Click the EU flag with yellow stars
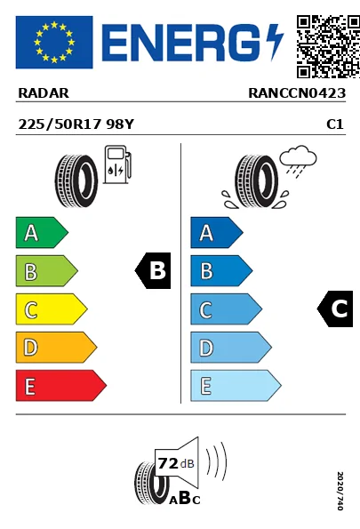tap(53, 42)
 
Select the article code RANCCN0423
tap(296, 92)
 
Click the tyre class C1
tap(335, 125)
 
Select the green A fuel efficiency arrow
tap(41, 233)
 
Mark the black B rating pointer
tap(153, 271)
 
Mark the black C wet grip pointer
tap(336, 309)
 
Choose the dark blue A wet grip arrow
tap(216, 233)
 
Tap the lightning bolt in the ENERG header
tap(275, 41)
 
